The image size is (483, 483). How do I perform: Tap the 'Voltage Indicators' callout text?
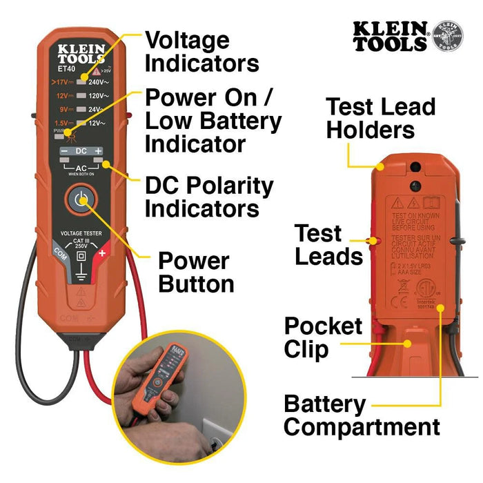[202, 52]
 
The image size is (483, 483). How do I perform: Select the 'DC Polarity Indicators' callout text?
[209, 197]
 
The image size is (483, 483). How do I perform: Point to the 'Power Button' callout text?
[195, 272]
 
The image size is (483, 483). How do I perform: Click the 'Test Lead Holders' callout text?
[380, 118]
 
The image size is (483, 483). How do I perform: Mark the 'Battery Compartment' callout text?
[362, 415]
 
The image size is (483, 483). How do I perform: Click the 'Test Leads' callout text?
[328, 245]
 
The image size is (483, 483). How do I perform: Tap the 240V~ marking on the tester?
[100, 81]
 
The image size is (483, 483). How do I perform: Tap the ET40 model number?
[67, 69]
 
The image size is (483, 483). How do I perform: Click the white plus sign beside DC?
[99, 150]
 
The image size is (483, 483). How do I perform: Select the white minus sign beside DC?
[63, 150]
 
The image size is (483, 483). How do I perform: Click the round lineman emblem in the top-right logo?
[448, 35]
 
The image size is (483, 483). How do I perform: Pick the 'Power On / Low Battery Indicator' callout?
[213, 121]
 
